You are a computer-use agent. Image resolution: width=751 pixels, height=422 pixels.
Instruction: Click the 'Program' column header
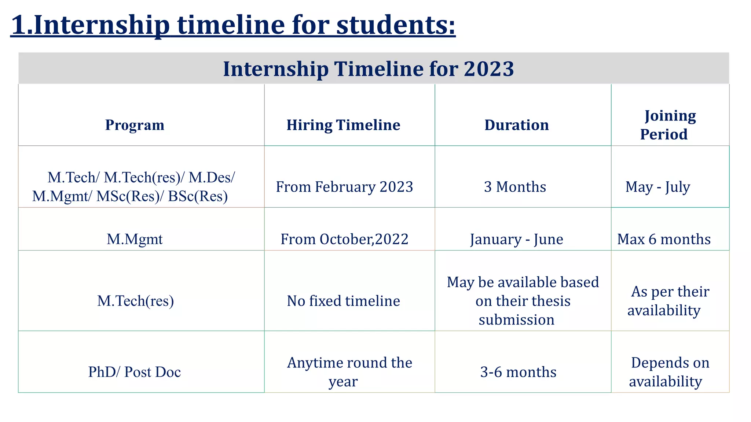[x=135, y=125]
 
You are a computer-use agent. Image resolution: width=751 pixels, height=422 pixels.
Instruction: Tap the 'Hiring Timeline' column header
[x=343, y=125]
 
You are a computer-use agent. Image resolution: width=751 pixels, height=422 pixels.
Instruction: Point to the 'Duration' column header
[x=516, y=125]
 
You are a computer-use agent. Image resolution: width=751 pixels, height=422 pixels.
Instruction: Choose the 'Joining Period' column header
[x=667, y=125]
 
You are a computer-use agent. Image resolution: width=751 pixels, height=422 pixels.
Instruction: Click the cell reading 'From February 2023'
[x=344, y=187]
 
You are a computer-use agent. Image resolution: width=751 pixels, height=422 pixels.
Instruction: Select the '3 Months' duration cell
[x=515, y=187]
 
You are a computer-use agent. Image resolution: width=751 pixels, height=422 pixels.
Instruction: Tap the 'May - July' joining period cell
[x=657, y=187]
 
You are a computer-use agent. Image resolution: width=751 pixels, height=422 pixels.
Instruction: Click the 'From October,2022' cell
[x=344, y=239]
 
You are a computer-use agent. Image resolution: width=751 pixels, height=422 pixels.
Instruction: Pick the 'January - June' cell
[x=516, y=239]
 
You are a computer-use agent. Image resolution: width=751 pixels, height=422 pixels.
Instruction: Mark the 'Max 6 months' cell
[x=664, y=239]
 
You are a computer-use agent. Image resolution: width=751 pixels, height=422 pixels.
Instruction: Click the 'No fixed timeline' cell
[x=343, y=301]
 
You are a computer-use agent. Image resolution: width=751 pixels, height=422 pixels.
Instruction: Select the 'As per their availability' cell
[x=667, y=301]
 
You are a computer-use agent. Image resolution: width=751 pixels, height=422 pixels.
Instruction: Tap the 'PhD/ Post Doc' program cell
[x=135, y=372]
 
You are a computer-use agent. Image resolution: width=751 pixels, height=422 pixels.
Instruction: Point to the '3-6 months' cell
[x=518, y=372]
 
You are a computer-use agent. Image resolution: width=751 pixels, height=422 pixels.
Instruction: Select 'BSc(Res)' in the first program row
[x=198, y=196]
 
